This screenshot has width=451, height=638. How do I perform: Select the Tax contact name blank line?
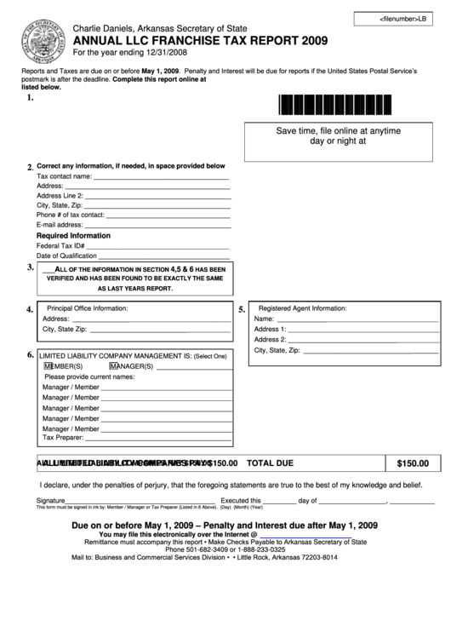click(161, 176)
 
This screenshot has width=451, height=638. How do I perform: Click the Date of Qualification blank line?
click(164, 256)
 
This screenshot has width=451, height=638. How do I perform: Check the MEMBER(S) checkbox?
click(48, 366)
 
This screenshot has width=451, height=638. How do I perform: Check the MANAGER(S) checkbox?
click(112, 366)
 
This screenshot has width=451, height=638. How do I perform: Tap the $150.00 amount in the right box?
click(413, 464)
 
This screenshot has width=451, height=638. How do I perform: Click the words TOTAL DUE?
click(270, 463)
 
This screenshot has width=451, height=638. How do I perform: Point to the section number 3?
click(30, 267)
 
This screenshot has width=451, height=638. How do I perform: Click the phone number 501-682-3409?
click(189, 549)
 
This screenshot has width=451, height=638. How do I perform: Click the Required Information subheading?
click(73, 235)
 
